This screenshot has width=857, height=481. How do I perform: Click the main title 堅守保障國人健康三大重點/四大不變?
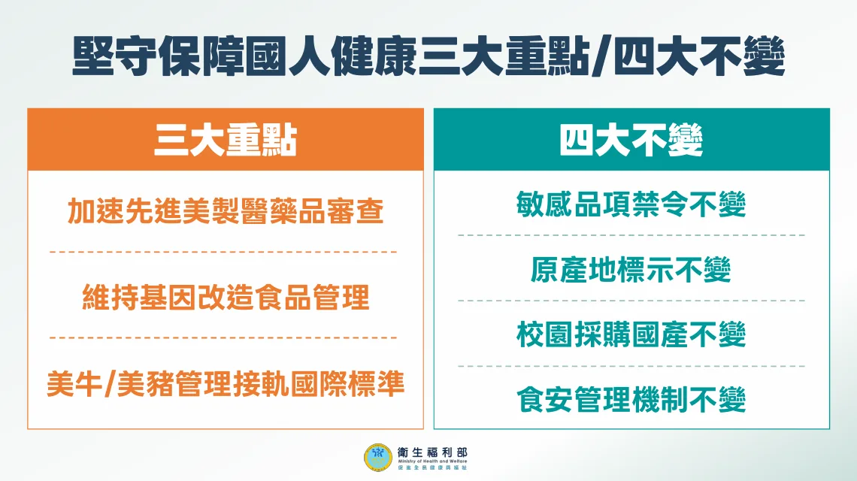click(428, 57)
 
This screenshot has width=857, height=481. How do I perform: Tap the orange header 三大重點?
click(226, 140)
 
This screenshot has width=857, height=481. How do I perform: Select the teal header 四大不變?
click(631, 140)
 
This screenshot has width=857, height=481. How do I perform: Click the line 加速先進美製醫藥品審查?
click(226, 212)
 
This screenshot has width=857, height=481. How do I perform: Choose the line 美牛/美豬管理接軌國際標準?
click(226, 385)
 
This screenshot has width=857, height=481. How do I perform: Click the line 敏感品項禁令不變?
click(631, 204)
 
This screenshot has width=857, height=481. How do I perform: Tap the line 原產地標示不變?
click(631, 269)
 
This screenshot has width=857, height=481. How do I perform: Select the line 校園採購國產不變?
click(631, 334)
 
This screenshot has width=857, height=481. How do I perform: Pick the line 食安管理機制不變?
click(631, 399)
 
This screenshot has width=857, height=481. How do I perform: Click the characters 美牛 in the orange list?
click(74, 385)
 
